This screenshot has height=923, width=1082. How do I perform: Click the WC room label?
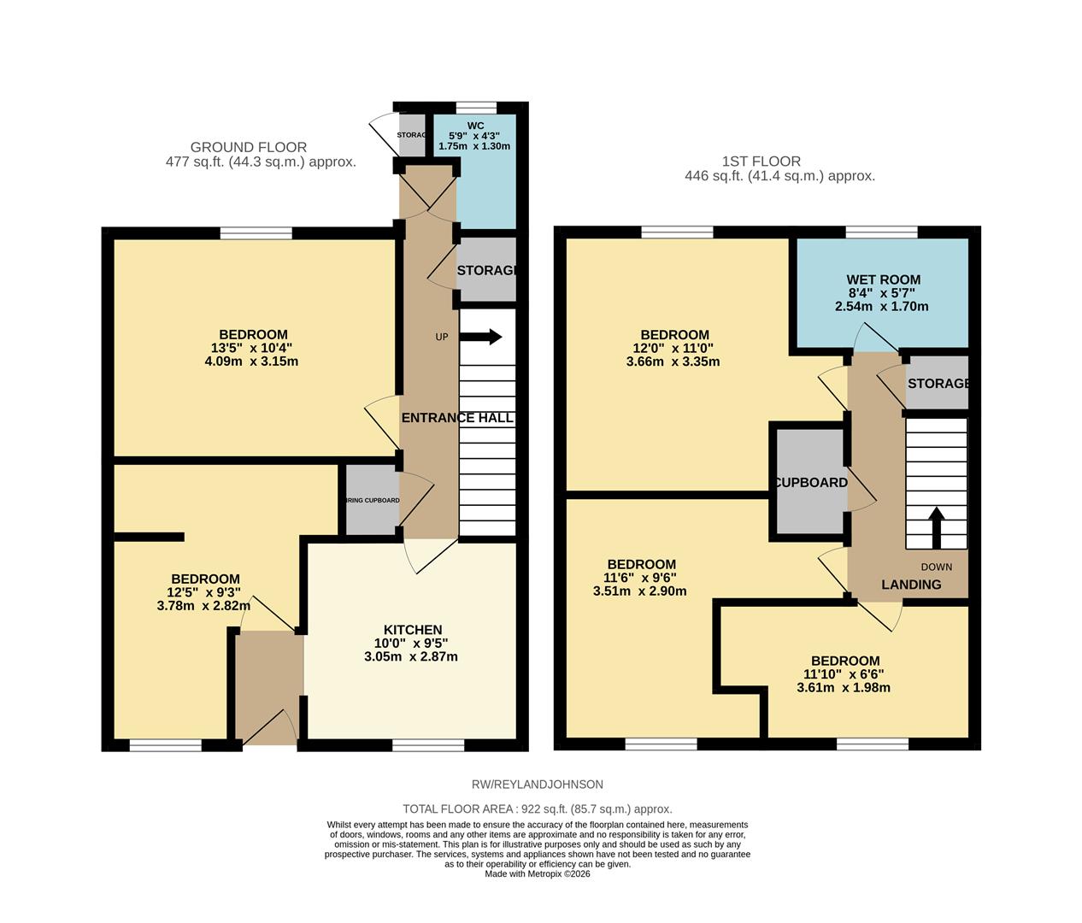pos(475,126)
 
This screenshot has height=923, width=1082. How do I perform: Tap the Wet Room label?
pos(883,279)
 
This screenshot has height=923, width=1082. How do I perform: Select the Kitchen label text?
pos(413,630)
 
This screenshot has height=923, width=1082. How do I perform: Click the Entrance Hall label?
pos(457,418)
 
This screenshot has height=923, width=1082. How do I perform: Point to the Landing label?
pos(911,585)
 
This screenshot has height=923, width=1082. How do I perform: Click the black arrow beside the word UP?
pos(484,337)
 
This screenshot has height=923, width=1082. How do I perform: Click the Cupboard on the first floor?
pos(809,483)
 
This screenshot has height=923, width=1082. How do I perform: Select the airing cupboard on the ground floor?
pos(372,500)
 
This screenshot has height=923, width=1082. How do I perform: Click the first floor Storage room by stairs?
pos(938,384)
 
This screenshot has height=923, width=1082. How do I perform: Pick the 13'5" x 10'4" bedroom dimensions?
pos(253,348)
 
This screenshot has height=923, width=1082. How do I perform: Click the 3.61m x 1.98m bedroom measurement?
pos(844,687)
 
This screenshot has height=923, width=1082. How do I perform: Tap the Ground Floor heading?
pos(248,147)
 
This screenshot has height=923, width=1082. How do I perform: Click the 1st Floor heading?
pos(761,161)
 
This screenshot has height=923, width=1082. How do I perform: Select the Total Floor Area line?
pos(538,808)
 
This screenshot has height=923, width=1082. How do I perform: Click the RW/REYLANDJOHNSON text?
pos(538,784)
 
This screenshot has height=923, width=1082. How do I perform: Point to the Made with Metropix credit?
pos(538,873)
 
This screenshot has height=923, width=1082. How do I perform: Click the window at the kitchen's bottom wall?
pos(428,745)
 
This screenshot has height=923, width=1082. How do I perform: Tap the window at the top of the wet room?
pos(881,232)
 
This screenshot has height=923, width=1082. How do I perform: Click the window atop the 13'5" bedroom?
pos(256,232)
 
